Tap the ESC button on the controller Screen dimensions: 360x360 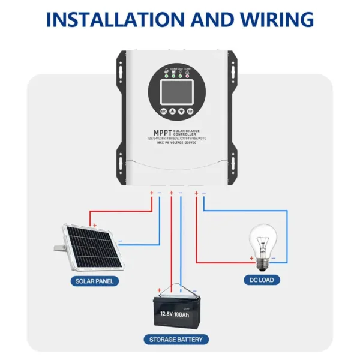pyautogui.click(x=163, y=111)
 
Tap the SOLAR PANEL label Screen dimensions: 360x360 pyautogui.click(x=94, y=280)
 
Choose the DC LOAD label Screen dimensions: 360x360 pyautogui.click(x=262, y=280)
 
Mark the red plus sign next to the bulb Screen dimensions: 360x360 pyautogui.click(x=251, y=258)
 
